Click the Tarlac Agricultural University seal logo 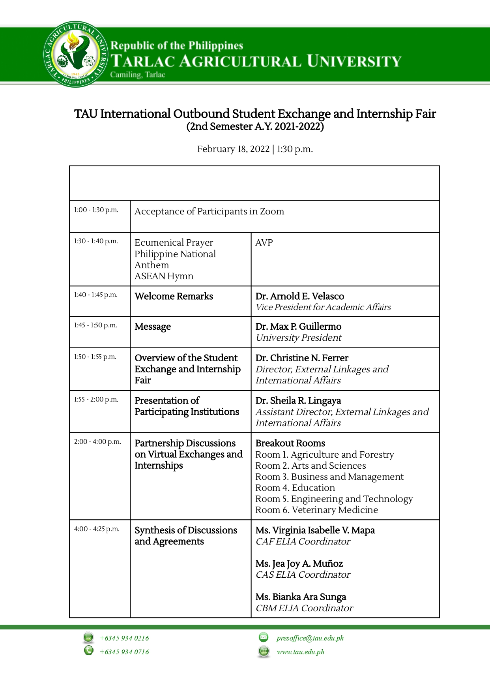pyautogui.click(x=75, y=54)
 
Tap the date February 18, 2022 pyautogui.click(x=233, y=149)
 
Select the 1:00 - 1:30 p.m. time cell pyautogui.click(x=96, y=210)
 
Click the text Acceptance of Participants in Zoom pyautogui.click(x=209, y=212)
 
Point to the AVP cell pyautogui.click(x=264, y=242)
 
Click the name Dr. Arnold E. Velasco pyautogui.click(x=299, y=296)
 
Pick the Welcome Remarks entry pyautogui.click(x=174, y=296)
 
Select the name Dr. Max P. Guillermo pyautogui.click(x=298, y=327)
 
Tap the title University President pyautogui.click(x=298, y=338)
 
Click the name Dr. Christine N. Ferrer pyautogui.click(x=302, y=358)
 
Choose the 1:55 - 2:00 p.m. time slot pyautogui.click(x=96, y=400)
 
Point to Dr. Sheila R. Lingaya pyautogui.click(x=298, y=401)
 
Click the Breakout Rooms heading pyautogui.click(x=290, y=443)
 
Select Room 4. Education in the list pyautogui.click(x=295, y=488)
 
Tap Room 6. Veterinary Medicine pyautogui.click(x=316, y=510)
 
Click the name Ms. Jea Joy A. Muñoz pyautogui.click(x=299, y=564)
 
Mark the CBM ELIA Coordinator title pyautogui.click(x=304, y=608)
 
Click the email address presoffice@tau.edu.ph pyautogui.click(x=310, y=638)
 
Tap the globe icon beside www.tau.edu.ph pyautogui.click(x=264, y=651)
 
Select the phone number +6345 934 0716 pyautogui.click(x=124, y=652)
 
